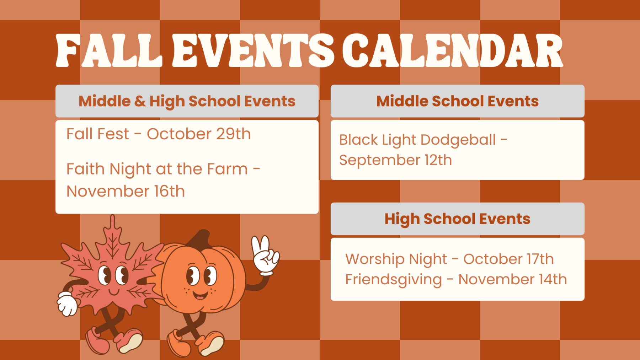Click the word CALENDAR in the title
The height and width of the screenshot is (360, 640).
coord(453,50)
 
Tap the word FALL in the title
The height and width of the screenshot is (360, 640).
coord(109,50)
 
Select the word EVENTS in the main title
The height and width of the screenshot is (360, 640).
coord(253,50)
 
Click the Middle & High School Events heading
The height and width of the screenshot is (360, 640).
coord(187,101)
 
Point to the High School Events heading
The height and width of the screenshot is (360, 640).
coord(458,219)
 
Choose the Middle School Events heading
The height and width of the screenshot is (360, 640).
coord(458,101)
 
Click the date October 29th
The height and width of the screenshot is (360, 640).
coord(199,134)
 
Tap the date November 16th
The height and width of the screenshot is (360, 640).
coord(126,191)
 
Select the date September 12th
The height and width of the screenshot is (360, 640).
coord(395,160)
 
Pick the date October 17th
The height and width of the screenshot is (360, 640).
coord(508,259)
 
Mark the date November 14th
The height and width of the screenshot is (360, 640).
coord(513,279)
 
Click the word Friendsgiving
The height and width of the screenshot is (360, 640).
coord(394,280)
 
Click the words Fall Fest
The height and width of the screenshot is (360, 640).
coord(98,134)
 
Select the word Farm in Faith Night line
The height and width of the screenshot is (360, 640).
coord(227,169)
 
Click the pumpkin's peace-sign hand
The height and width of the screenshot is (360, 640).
coord(265,255)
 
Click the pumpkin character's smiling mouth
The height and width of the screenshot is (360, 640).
coord(200,295)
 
